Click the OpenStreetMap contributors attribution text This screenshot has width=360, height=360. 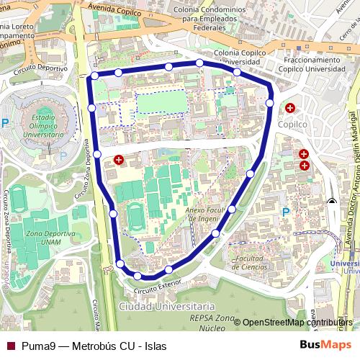point(297,323)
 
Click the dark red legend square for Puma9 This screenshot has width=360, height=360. point(10,345)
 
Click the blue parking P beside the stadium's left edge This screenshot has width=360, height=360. point(5,123)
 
